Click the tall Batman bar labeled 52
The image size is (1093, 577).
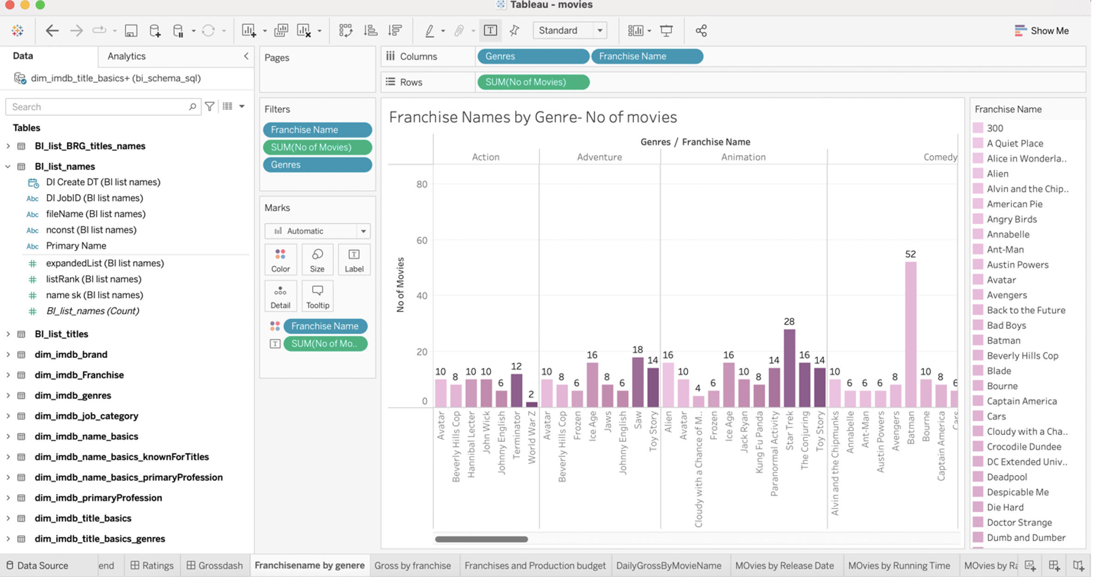[910, 335]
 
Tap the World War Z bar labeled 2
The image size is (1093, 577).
[531, 404]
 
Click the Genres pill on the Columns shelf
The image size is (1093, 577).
[533, 56]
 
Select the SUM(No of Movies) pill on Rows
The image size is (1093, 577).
[533, 82]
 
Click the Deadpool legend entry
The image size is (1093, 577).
[1006, 477]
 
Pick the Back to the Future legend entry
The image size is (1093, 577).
[1026, 310]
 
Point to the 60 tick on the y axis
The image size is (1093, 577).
[421, 240]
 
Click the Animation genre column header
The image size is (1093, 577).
[743, 157]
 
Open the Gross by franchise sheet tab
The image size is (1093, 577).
[412, 565]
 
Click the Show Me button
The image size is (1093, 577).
[1042, 31]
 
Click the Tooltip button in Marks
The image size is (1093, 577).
[317, 296]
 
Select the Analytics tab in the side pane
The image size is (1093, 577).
[126, 56]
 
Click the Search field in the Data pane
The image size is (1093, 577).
[99, 107]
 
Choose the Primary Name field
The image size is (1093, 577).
[76, 246]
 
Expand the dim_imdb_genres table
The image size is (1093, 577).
[8, 396]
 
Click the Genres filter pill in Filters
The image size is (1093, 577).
[317, 165]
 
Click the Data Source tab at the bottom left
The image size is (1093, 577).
[37, 565]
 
